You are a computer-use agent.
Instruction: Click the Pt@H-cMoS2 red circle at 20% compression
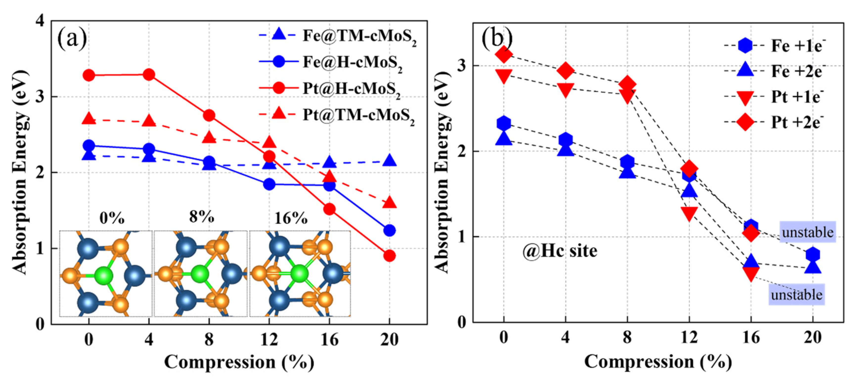click(389, 256)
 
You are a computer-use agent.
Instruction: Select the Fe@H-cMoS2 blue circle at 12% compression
click(269, 184)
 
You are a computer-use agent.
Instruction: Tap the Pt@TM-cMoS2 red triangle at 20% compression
click(389, 203)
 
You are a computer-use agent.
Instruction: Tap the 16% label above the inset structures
click(291, 218)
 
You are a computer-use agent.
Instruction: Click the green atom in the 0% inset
click(104, 276)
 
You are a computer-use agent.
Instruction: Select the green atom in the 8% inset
click(200, 274)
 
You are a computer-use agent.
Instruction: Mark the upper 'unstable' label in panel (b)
click(807, 232)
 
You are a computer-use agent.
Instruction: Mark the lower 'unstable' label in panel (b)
click(796, 295)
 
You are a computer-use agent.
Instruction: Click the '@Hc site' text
click(560, 251)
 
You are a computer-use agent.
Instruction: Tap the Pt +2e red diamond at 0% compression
click(504, 54)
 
